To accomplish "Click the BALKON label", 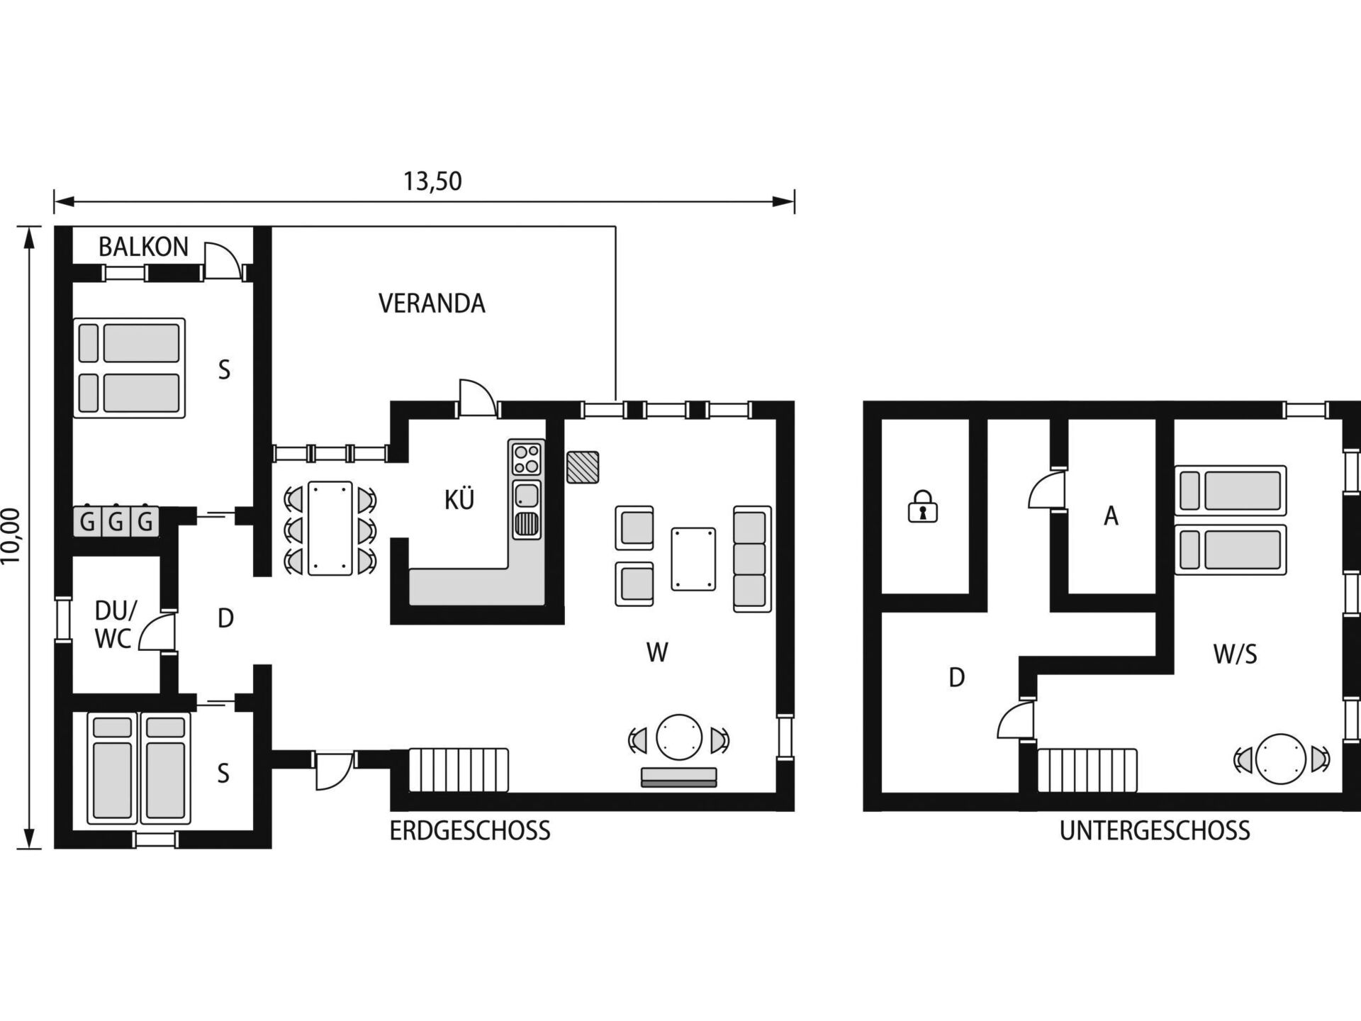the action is coord(143,247).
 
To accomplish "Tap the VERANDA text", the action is coord(432,303).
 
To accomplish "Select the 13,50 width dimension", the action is coord(432,182).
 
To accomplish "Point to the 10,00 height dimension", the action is coord(12,536).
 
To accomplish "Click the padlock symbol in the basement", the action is coord(922,506).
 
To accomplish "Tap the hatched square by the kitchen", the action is coord(583,467).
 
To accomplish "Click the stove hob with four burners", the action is coord(527,458).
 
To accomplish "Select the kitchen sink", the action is coord(527,494).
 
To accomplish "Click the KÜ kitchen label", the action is coord(459,500).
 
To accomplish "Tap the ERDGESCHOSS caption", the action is coord(470,830).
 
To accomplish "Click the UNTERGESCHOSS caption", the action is coord(1155,830).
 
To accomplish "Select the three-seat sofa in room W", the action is coord(752,559).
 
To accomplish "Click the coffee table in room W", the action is coord(693,559).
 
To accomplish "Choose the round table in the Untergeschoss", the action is coord(1280,759).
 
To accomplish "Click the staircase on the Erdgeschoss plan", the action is coord(459,769).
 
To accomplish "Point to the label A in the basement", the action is coord(1111,516).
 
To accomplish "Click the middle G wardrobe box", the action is coord(116,522).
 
